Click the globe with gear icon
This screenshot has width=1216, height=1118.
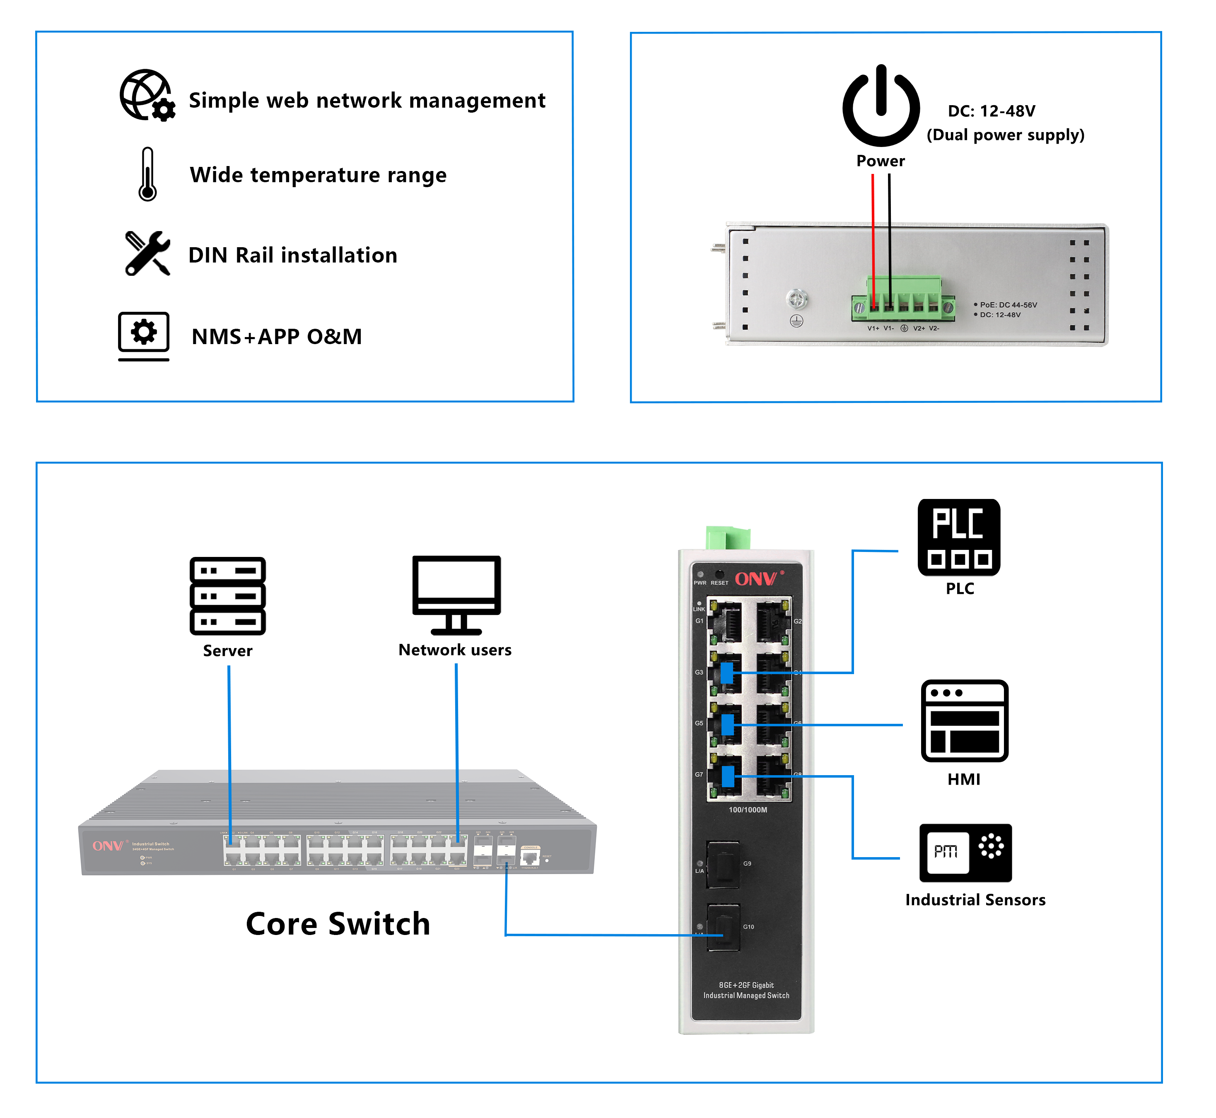pyautogui.click(x=146, y=96)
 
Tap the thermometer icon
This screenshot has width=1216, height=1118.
pyautogui.click(x=147, y=174)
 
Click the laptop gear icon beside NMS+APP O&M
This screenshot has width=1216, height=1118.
pyautogui.click(x=143, y=336)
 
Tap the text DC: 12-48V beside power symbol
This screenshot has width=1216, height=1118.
pyautogui.click(x=991, y=111)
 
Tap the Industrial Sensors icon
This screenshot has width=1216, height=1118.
pyautogui.click(x=965, y=853)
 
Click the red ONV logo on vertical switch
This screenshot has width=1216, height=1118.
pyautogui.click(x=756, y=579)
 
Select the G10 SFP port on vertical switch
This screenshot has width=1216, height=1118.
pyautogui.click(x=724, y=928)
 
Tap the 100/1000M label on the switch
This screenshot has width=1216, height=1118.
pyautogui.click(x=747, y=810)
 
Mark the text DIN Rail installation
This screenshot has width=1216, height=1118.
pyautogui.click(x=293, y=255)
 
